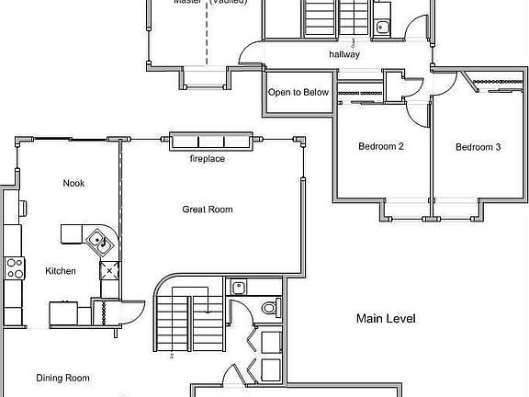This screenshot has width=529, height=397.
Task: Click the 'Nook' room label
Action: click(x=73, y=183)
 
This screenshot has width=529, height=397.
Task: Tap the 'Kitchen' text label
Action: click(x=61, y=271)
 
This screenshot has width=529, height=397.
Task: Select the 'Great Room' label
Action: click(x=208, y=210)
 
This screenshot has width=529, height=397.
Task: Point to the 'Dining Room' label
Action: click(x=62, y=378)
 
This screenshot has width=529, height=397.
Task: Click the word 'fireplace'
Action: click(x=208, y=159)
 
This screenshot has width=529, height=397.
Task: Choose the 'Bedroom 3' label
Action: click(x=478, y=147)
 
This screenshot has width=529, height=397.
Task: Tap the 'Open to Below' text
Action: click(x=298, y=93)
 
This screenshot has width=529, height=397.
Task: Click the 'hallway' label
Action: click(x=344, y=55)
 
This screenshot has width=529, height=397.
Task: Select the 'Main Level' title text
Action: click(x=386, y=319)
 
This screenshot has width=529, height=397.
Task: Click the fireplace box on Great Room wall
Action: click(x=210, y=142)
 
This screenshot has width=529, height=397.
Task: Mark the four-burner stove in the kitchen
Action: click(x=14, y=268)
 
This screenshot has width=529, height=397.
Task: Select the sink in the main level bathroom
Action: click(x=237, y=286)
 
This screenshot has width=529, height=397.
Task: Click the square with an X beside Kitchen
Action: click(x=109, y=270)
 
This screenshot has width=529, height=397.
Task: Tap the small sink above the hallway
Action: click(x=382, y=27)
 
